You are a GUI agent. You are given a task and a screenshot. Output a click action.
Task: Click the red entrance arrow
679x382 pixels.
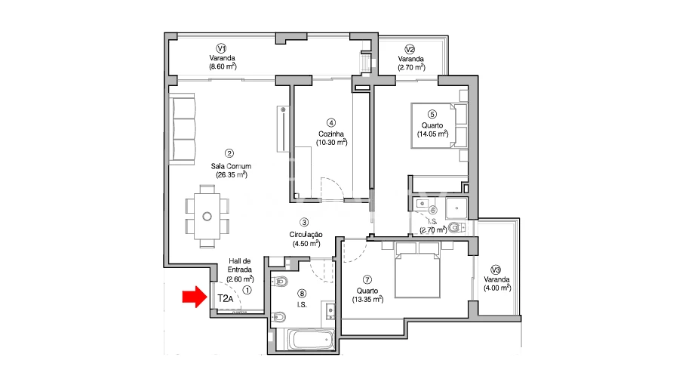tap(195, 297)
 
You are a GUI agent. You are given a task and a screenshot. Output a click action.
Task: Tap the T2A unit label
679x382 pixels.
tap(225, 298)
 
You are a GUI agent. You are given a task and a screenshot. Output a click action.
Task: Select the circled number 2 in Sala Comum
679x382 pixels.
tap(229, 153)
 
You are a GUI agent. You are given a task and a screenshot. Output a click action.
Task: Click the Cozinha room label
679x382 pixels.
tap(331, 134)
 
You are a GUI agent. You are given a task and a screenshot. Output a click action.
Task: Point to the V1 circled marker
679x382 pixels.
tap(222, 48)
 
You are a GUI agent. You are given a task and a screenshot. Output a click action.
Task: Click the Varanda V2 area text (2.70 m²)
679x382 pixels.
tap(411, 67)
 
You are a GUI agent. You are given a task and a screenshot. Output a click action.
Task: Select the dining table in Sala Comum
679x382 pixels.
tap(207, 216)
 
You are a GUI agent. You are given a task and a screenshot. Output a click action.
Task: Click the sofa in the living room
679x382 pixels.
tap(182, 129)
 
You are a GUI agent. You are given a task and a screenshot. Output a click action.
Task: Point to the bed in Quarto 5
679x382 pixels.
tap(440, 125)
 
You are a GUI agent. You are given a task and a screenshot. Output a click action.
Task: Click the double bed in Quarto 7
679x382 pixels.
tap(417, 270)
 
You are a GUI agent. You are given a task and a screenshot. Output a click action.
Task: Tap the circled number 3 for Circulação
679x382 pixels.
tap(305, 222)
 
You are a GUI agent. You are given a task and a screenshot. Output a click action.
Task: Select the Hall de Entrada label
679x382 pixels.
tap(239, 265)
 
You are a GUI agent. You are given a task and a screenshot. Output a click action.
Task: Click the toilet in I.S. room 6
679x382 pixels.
tap(456, 227)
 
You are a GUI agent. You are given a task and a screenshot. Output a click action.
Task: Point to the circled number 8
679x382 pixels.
tap(302, 294)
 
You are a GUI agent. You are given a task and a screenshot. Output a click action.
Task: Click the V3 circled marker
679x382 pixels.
tap(496, 270)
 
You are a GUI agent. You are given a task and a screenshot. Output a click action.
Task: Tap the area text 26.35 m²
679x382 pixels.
tap(232, 174)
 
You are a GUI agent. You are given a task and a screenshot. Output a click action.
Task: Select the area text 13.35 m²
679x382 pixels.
tap(367, 299)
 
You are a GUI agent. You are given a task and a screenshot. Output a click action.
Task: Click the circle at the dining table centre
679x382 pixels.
tap(207, 216)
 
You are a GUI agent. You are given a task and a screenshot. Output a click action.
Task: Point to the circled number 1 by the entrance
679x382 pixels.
tap(247, 290)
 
